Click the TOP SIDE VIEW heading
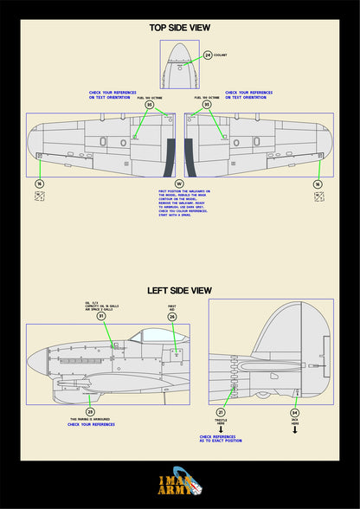(179, 28)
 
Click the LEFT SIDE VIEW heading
(179, 290)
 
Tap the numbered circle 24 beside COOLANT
(208, 55)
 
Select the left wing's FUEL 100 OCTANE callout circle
(150, 105)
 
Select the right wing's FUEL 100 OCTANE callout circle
(207, 105)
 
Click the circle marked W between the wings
(179, 184)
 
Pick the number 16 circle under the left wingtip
(39, 184)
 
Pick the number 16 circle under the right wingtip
(318, 184)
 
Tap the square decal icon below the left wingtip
(39, 197)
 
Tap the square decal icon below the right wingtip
(318, 197)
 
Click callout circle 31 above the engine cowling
(101, 317)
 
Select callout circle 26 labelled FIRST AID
(172, 317)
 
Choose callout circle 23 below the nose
(90, 412)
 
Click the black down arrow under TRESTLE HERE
(221, 428)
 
